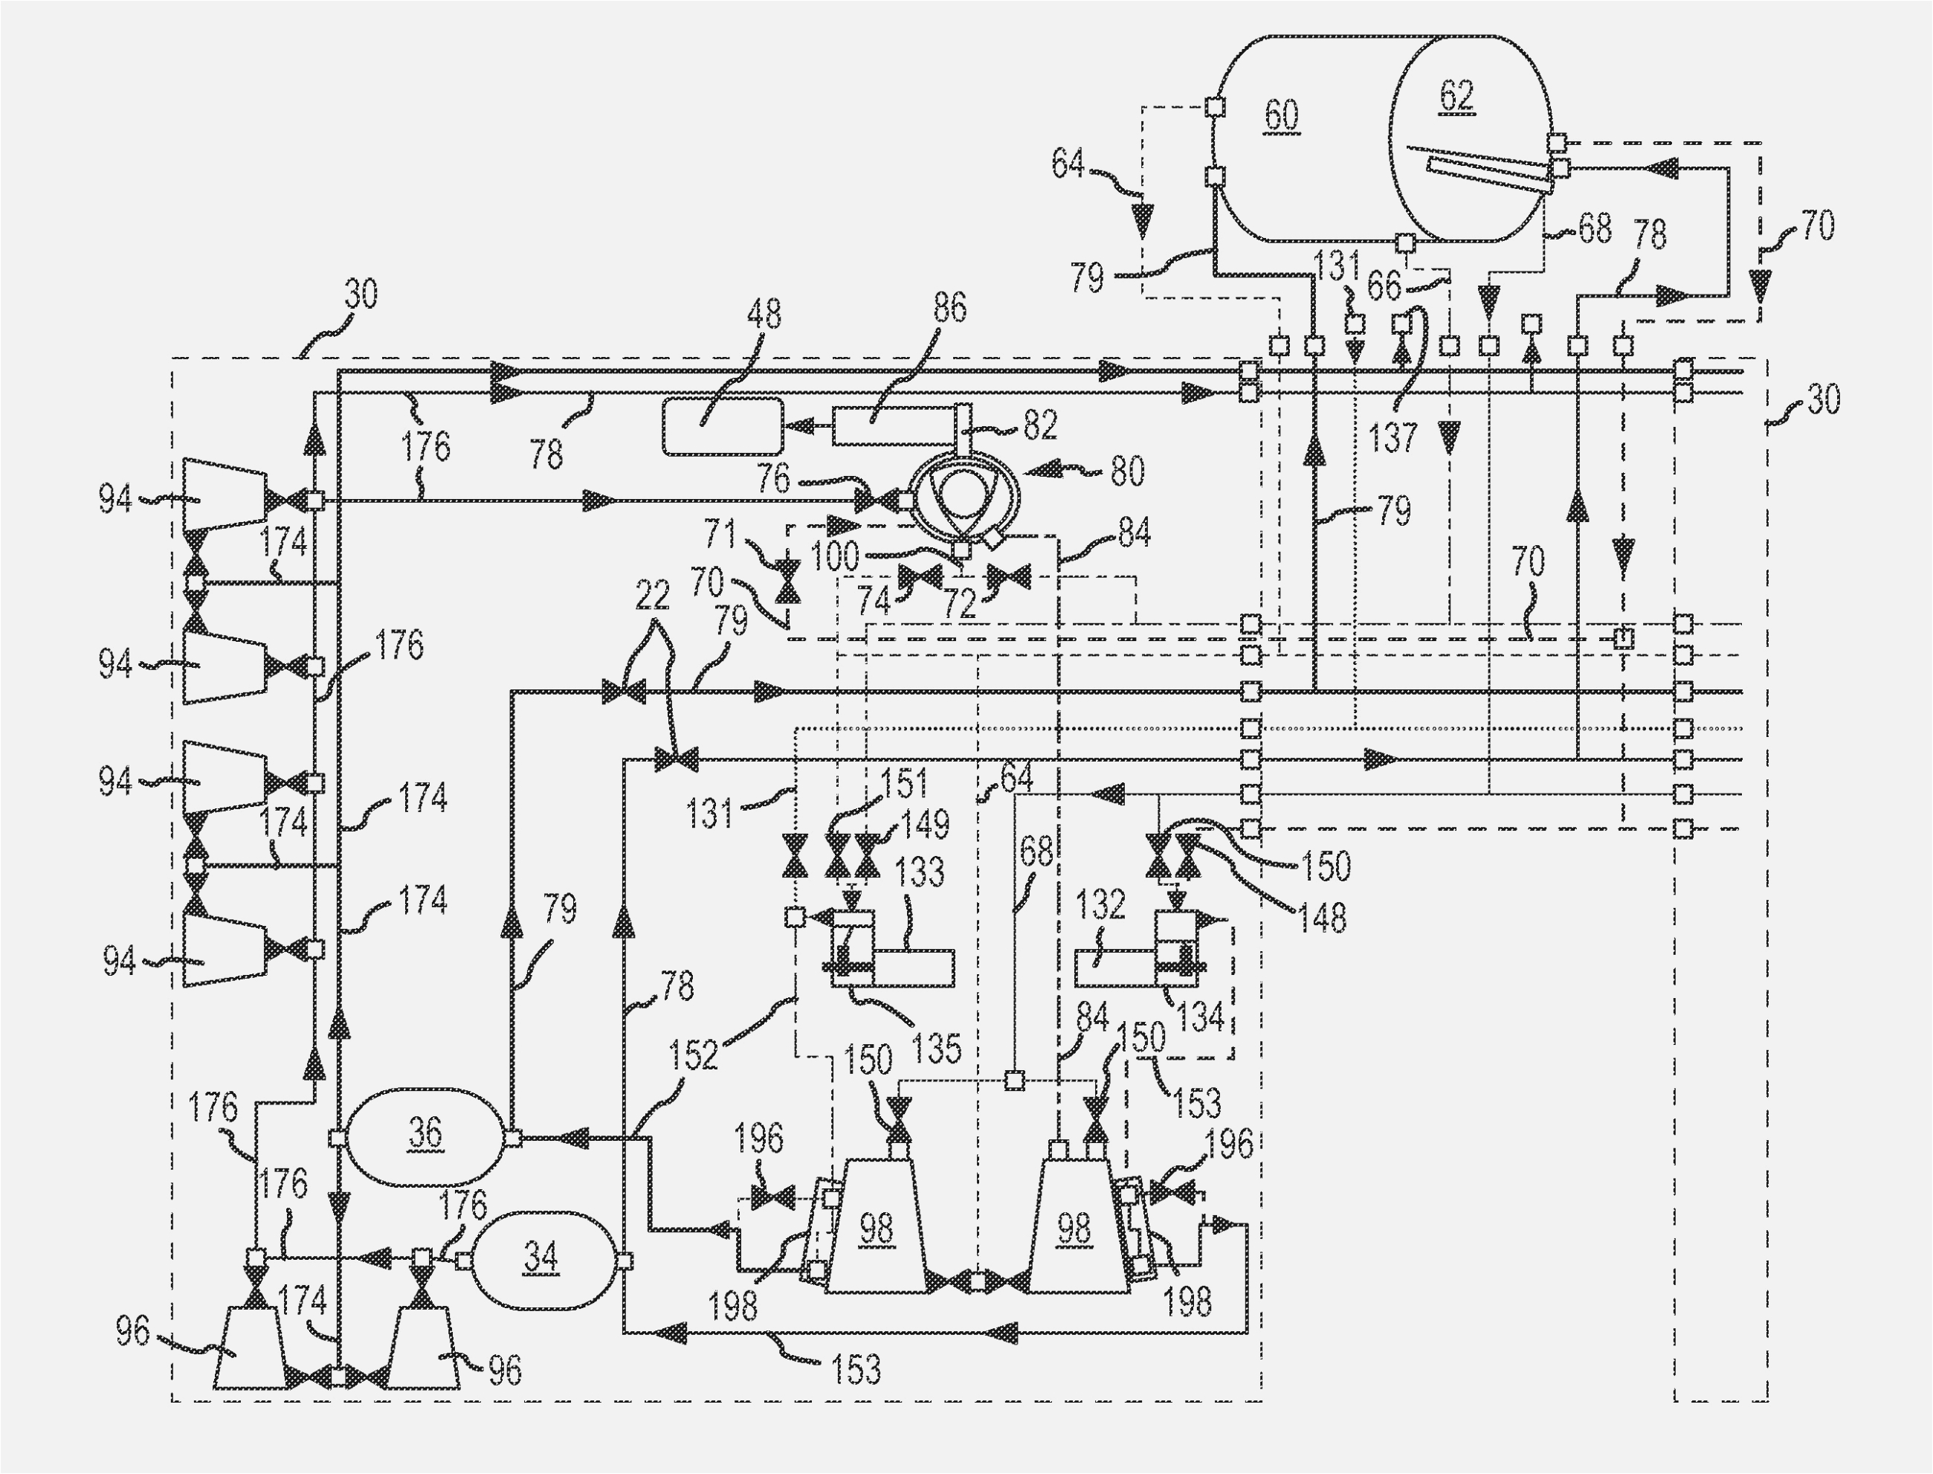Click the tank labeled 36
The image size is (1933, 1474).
(x=425, y=1137)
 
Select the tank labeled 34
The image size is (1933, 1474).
(x=540, y=1260)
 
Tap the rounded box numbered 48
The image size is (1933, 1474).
(x=723, y=425)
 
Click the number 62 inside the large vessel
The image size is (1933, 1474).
(x=1456, y=94)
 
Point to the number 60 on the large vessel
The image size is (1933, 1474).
(x=1282, y=115)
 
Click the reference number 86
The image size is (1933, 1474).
(x=950, y=309)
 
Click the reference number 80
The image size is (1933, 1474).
(x=1127, y=472)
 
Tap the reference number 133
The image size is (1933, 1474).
(x=920, y=872)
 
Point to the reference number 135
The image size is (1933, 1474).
(x=938, y=1049)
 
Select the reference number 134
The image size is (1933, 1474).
(x=1200, y=1017)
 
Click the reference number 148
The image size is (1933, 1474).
(x=1322, y=918)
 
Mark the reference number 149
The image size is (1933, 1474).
(x=926, y=823)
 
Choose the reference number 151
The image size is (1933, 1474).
(x=904, y=782)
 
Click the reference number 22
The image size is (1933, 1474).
(x=653, y=596)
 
